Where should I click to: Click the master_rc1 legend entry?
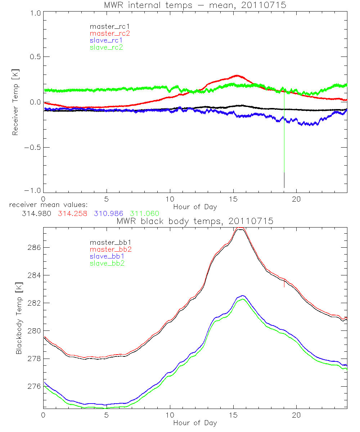pos(106,26)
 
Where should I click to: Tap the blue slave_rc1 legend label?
pos(106,40)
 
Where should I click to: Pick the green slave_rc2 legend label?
pos(106,47)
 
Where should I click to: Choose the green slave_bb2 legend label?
pos(106,264)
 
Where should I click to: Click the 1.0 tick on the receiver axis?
pos(35,13)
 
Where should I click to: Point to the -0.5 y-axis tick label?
pos(33,148)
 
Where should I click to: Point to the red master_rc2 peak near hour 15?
pos(237,76)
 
